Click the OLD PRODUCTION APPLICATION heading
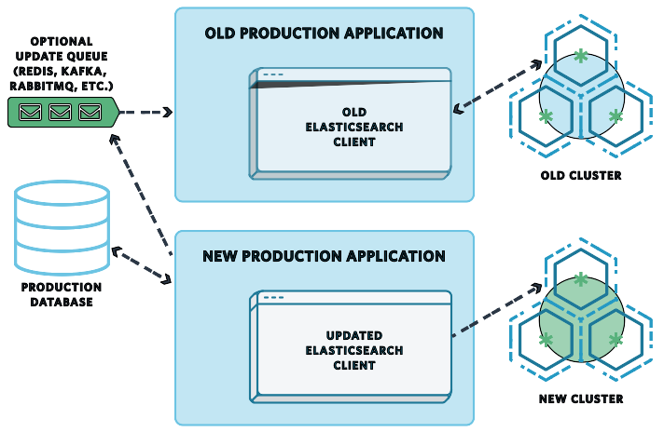(324, 34)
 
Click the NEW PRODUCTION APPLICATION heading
(324, 256)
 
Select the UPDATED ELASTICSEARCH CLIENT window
(353, 349)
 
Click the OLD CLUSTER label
(580, 175)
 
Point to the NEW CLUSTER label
(580, 399)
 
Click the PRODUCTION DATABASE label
(62, 295)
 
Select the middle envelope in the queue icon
(61, 113)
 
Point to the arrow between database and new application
(143, 264)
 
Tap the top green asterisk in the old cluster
(581, 57)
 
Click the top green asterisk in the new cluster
(581, 279)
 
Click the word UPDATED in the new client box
(353, 334)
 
